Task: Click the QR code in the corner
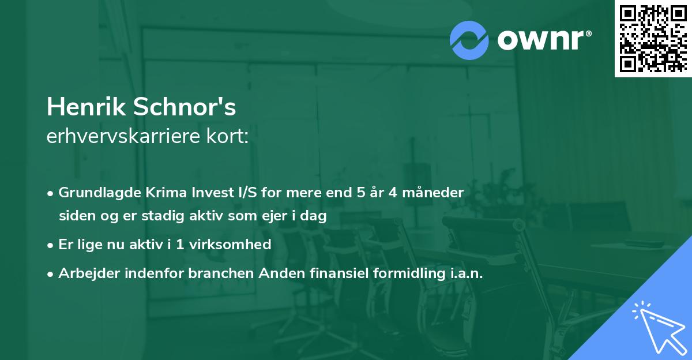[x=652, y=38]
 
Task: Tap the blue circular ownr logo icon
[x=469, y=40]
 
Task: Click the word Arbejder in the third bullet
[x=85, y=273]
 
